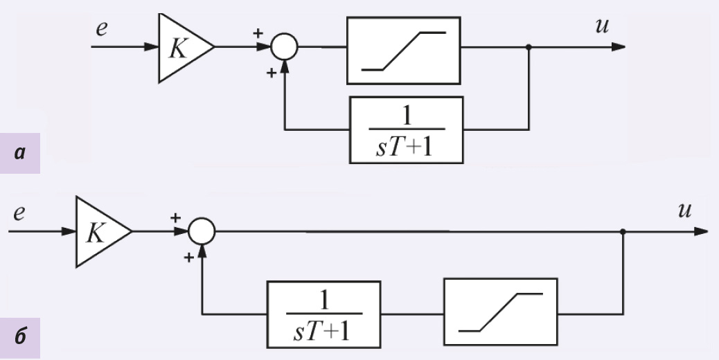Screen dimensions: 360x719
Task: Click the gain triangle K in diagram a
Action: coord(181,47)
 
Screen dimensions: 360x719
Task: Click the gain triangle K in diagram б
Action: coord(98,231)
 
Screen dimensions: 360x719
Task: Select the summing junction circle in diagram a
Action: coord(283,47)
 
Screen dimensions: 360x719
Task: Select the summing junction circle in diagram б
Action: coord(202,231)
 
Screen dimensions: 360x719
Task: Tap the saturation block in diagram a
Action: coord(403,50)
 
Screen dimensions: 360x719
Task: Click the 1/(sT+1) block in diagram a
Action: coord(406,129)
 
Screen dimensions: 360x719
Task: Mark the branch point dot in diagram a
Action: coord(529,47)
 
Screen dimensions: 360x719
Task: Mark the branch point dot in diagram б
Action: coord(623,231)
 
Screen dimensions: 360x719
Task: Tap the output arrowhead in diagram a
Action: coord(619,47)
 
